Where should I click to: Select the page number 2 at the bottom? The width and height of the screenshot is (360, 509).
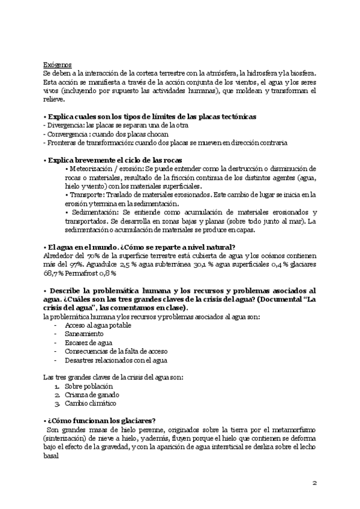click(315, 483)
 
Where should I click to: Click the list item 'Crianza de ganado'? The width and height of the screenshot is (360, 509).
click(92, 394)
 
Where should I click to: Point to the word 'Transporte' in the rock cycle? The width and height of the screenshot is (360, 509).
click(86, 195)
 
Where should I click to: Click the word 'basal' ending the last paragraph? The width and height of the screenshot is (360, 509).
click(52, 455)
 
